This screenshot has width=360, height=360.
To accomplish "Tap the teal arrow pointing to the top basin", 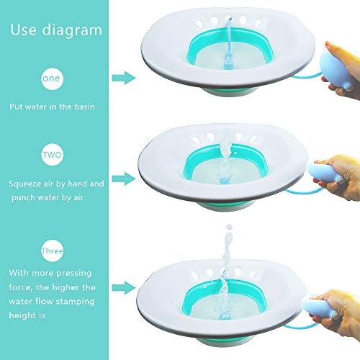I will (x=125, y=78).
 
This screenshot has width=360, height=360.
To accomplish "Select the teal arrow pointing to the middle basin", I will (x=125, y=175).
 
